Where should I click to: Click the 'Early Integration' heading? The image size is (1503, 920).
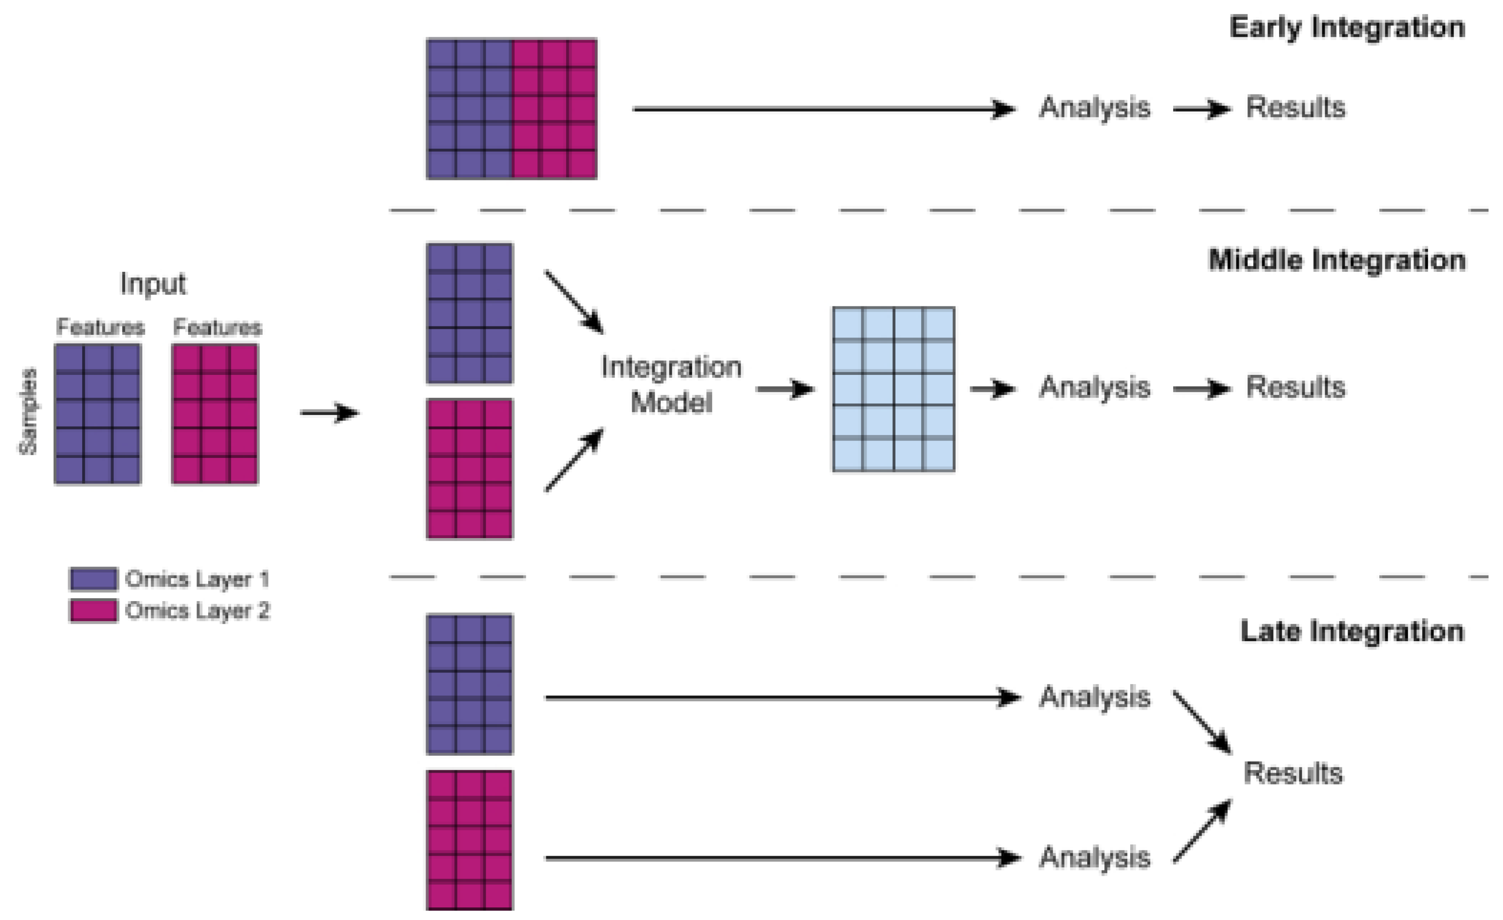click(1347, 28)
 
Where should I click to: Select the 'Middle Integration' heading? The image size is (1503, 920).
click(1336, 260)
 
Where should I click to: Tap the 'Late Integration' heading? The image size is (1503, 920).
click(1352, 631)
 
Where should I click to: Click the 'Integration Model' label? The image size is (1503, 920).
click(671, 385)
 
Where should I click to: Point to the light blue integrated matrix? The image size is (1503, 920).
click(894, 389)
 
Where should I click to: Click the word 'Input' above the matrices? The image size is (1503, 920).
click(153, 284)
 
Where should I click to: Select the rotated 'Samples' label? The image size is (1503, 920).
click(28, 412)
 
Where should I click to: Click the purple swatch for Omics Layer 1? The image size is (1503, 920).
click(93, 579)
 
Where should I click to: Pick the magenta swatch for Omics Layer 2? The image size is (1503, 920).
click(93, 610)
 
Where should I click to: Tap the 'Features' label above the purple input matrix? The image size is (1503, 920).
click(100, 327)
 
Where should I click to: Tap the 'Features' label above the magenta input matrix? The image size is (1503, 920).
click(217, 327)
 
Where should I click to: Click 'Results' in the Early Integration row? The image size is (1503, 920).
click(1295, 108)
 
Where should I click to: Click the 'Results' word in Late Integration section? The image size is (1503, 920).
click(1293, 774)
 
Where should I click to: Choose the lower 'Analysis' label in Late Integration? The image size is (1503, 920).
click(1094, 858)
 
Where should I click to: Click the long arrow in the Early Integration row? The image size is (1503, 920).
click(824, 109)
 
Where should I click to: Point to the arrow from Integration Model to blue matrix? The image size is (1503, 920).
click(785, 389)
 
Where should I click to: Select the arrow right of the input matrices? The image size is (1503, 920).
click(329, 413)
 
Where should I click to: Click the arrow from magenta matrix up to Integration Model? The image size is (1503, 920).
click(574, 460)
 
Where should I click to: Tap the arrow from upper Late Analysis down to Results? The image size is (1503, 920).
click(1202, 722)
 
